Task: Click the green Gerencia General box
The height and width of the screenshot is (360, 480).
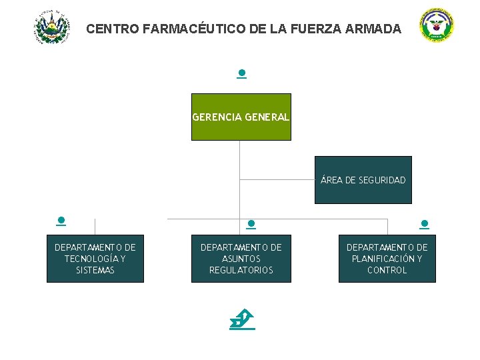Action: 241,117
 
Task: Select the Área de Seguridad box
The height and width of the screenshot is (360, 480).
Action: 363,180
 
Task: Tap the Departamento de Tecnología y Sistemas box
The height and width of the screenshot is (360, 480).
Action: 95,258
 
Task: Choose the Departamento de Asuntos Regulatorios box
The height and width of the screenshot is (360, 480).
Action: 241,258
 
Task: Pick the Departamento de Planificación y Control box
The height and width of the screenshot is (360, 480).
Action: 387,258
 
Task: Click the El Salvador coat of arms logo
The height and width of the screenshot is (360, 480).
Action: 51,27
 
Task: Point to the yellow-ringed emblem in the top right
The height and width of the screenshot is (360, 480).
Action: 437,27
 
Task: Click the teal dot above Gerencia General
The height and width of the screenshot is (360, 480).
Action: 241,73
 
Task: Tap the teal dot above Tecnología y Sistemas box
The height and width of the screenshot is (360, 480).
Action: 61,220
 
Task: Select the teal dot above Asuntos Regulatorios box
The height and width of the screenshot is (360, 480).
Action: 251,225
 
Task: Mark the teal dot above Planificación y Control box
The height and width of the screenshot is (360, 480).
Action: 425,225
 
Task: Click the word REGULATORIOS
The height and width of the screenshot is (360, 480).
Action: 241,270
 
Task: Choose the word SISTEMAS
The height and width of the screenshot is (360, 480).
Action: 95,270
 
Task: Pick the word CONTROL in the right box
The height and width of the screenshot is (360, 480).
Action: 387,270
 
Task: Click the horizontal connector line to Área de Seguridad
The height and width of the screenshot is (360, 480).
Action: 277,179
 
